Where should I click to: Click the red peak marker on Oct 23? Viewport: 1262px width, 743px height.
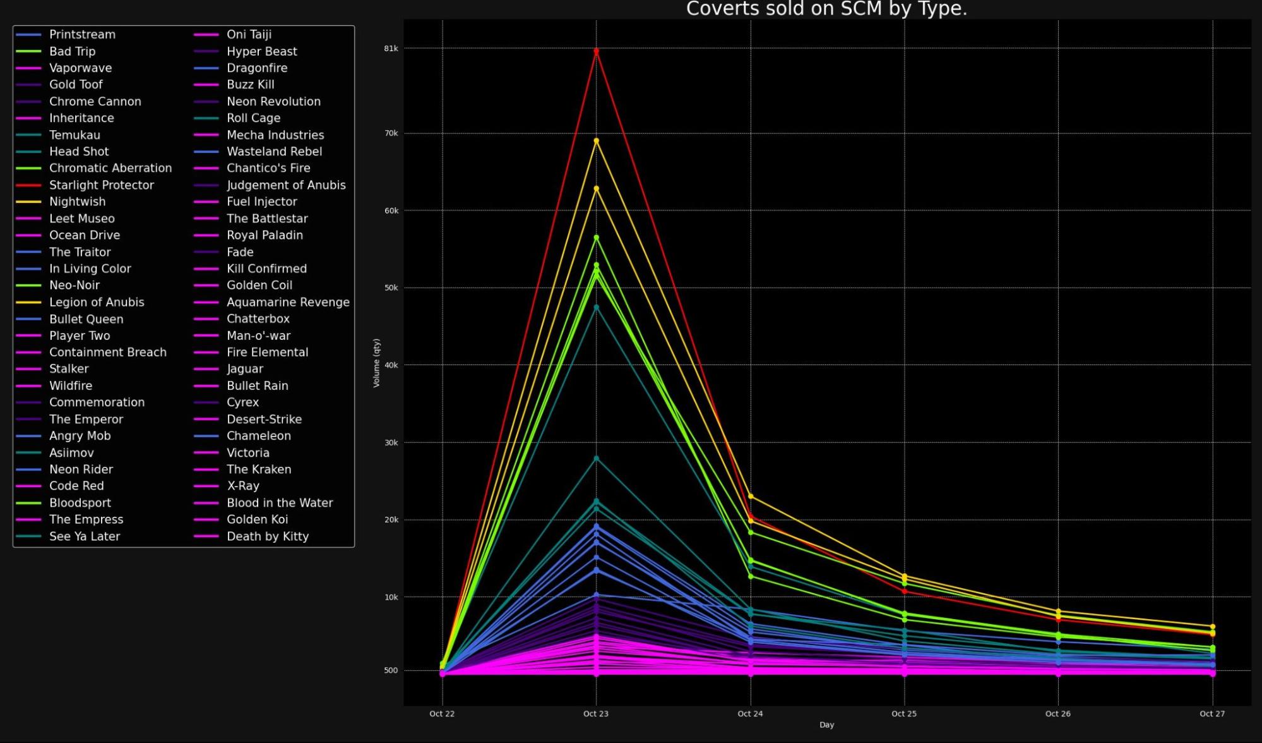point(596,51)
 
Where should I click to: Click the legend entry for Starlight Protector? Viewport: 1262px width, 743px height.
point(101,185)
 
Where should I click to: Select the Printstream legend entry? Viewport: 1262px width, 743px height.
point(82,35)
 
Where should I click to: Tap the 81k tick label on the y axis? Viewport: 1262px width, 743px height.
point(391,49)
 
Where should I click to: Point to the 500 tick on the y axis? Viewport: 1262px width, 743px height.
point(391,670)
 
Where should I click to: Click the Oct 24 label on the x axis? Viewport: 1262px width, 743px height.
point(750,713)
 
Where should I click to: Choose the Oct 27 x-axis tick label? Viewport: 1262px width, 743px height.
point(1211,713)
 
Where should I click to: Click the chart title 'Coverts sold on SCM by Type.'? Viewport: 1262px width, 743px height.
point(826,9)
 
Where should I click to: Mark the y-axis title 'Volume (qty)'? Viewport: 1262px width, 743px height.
point(376,363)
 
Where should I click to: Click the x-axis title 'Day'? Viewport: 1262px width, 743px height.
point(826,725)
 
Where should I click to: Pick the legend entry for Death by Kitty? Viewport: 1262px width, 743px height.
point(267,536)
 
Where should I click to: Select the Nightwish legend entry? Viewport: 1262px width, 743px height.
point(77,202)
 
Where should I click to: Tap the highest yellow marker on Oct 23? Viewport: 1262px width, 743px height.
point(596,141)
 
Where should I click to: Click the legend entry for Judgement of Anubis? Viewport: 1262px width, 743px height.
point(285,185)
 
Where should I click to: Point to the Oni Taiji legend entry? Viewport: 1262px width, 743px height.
point(249,35)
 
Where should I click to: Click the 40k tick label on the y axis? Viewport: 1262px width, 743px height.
point(391,365)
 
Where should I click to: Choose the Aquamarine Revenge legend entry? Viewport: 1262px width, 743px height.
point(287,302)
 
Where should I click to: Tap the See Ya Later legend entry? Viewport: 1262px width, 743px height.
point(84,536)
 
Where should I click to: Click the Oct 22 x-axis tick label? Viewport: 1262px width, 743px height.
point(442,713)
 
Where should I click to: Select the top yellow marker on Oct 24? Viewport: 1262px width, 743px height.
point(750,497)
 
